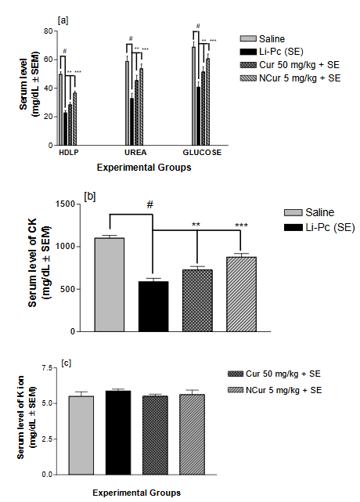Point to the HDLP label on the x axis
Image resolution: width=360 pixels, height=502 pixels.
click(x=70, y=152)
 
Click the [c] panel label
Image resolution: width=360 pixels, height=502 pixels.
click(x=70, y=363)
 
